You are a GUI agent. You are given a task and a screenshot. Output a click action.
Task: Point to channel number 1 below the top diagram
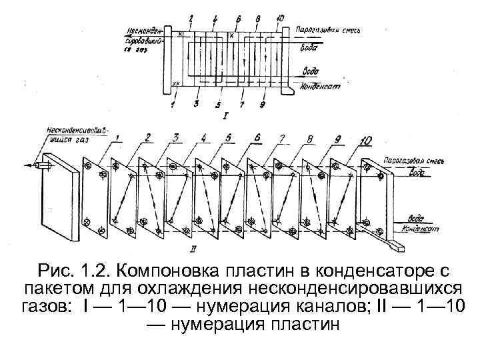pos(172,104)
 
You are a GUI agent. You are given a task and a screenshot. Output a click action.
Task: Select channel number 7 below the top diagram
pos(242,105)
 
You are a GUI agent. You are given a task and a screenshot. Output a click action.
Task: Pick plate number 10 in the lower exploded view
pos(365,140)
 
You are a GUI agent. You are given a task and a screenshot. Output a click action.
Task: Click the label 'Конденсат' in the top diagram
pos(321,87)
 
